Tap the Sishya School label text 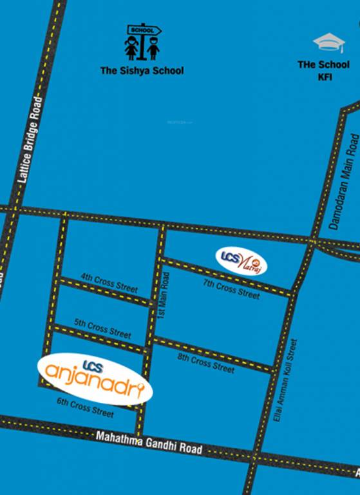point(141,71)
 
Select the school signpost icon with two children point(142,43)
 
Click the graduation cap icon point(329,43)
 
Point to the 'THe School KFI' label point(324,70)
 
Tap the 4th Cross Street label point(109,283)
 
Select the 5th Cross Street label point(102,329)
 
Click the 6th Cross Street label point(84,407)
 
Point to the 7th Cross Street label point(231,288)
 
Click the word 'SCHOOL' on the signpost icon point(140,30)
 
